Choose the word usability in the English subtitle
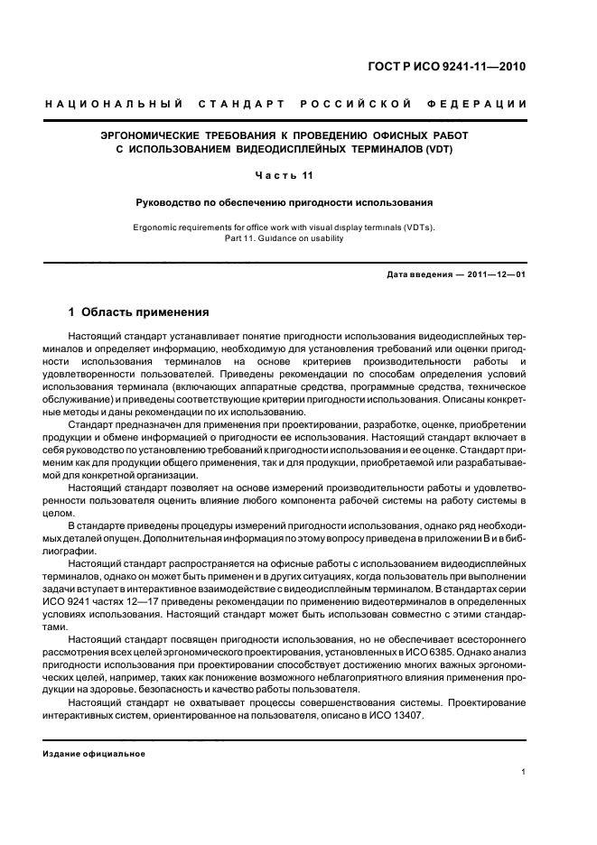[x=324, y=238]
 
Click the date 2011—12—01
[x=495, y=275]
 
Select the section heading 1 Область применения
[x=139, y=312]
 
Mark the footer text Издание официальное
[x=94, y=753]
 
